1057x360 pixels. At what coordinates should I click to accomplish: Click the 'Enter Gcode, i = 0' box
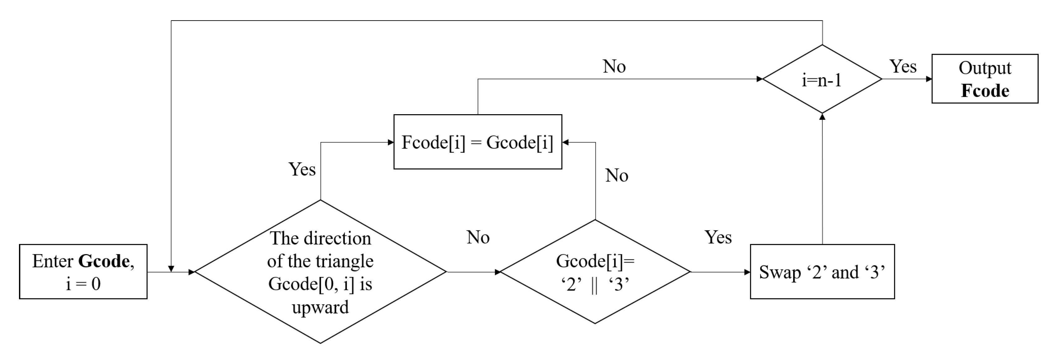point(83,272)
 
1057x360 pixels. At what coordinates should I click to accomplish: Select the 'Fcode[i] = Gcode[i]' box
point(478,142)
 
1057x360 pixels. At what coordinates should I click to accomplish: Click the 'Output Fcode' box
point(985,79)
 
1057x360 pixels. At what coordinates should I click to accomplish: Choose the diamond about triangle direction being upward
point(320,272)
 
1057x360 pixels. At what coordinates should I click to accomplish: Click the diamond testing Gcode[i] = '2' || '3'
point(595,272)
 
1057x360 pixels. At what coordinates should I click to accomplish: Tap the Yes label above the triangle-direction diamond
point(302,169)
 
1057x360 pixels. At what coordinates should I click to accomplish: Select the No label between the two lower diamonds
point(478,237)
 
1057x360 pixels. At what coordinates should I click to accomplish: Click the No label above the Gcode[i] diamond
point(616,176)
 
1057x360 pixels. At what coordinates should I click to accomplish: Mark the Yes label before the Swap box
point(718,237)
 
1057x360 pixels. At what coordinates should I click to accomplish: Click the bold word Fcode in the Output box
point(985,91)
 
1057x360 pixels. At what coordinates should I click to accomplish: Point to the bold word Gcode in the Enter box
point(104,261)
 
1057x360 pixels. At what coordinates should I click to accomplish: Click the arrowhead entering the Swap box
point(747,272)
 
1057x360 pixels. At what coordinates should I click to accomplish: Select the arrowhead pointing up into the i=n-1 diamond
point(822,117)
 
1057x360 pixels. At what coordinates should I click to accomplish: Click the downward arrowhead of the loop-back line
point(171,269)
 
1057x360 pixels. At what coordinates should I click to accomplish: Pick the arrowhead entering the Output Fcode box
point(929,79)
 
